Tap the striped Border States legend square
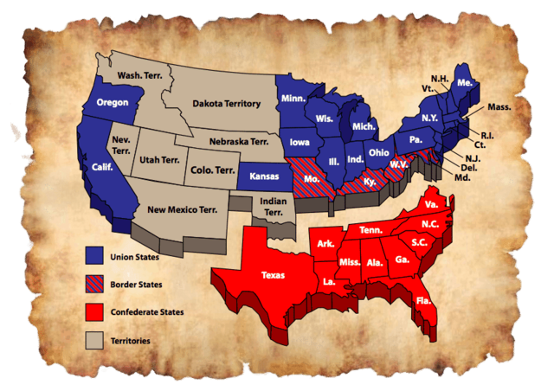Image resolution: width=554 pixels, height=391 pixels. (x=95, y=284)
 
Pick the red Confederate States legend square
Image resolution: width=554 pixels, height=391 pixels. (x=95, y=311)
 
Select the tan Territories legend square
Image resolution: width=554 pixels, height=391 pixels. (x=95, y=340)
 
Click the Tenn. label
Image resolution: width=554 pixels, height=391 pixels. (x=371, y=229)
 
